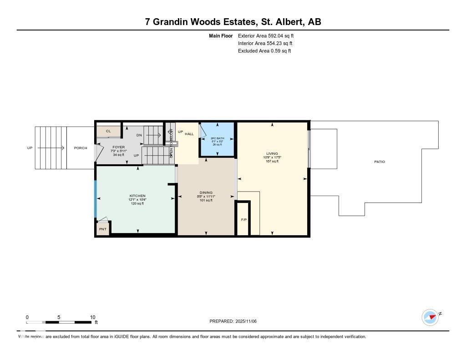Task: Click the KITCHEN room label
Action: (137, 196)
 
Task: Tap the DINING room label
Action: (206, 193)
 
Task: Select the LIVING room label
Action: (272, 154)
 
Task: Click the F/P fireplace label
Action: (243, 220)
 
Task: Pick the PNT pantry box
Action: (103, 229)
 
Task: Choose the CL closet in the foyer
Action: (108, 131)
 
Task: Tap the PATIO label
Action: (379, 162)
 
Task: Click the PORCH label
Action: (81, 148)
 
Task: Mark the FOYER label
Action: (118, 147)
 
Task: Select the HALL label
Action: (189, 134)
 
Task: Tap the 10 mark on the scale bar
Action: (92, 317)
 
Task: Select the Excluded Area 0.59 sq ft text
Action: (264, 51)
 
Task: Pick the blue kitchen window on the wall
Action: (95, 199)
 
